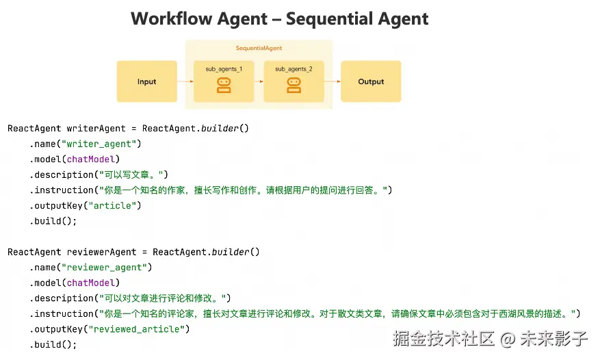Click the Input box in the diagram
click(146, 81)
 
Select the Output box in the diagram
click(371, 81)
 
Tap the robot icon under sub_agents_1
click(224, 85)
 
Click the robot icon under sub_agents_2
click(294, 85)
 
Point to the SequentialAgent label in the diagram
click(259, 49)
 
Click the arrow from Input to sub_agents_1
click(185, 81)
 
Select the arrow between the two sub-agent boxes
click(259, 81)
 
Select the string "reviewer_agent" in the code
click(106, 268)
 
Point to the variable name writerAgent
click(96, 128)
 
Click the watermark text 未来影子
click(554, 338)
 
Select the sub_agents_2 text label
click(294, 69)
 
